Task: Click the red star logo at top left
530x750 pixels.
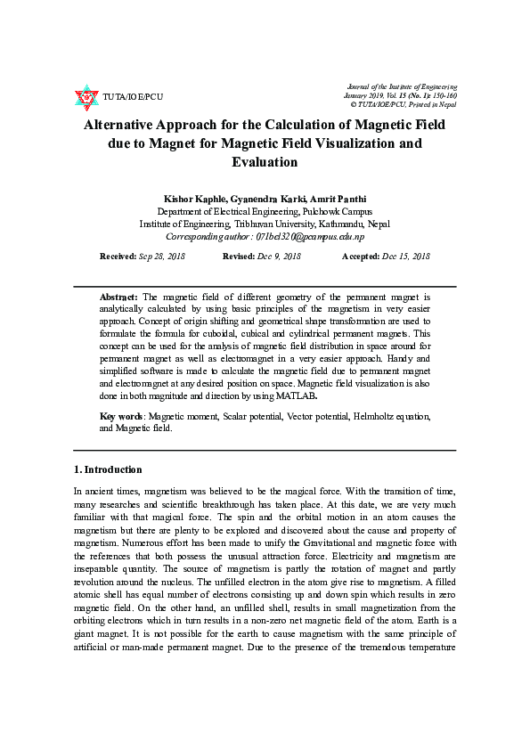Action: pos(86,95)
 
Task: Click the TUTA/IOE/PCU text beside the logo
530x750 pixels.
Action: pos(133,96)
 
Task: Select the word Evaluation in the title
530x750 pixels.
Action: pos(264,161)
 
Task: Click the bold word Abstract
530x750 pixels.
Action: pos(118,296)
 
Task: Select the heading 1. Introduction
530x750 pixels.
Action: pos(107,469)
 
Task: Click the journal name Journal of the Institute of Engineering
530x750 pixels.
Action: pos(402,86)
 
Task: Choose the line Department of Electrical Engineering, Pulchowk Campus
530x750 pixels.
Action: pos(264,211)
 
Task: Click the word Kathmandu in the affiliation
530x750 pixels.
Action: pos(340,224)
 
